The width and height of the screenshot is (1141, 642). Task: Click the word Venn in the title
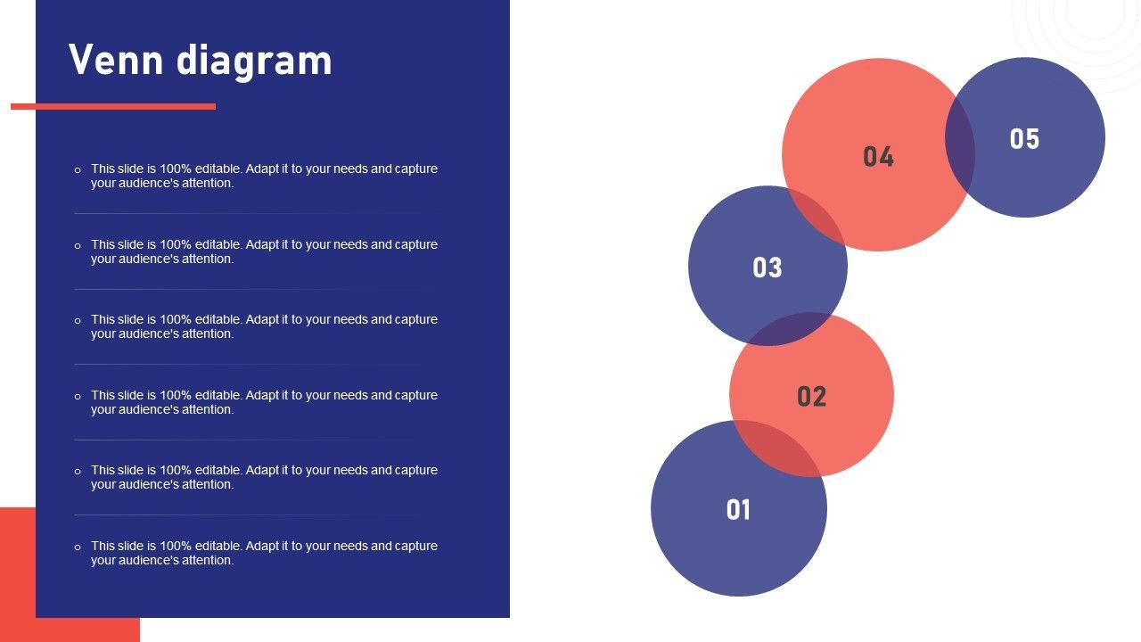coord(116,60)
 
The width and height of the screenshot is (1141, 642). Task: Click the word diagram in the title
coord(254,62)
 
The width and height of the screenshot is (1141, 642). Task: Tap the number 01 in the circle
coord(738,509)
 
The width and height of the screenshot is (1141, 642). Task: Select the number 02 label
coord(811,397)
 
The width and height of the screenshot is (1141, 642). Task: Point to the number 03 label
coord(768,267)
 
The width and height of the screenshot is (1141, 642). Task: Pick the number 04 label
coord(878,156)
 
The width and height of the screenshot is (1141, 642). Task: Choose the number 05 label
coord(1024,138)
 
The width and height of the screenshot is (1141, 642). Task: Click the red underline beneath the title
coord(113,106)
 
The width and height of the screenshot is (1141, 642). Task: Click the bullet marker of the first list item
coord(78,169)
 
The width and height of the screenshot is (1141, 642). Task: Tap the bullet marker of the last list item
coord(78,547)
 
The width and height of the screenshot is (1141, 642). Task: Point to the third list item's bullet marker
coord(78,320)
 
